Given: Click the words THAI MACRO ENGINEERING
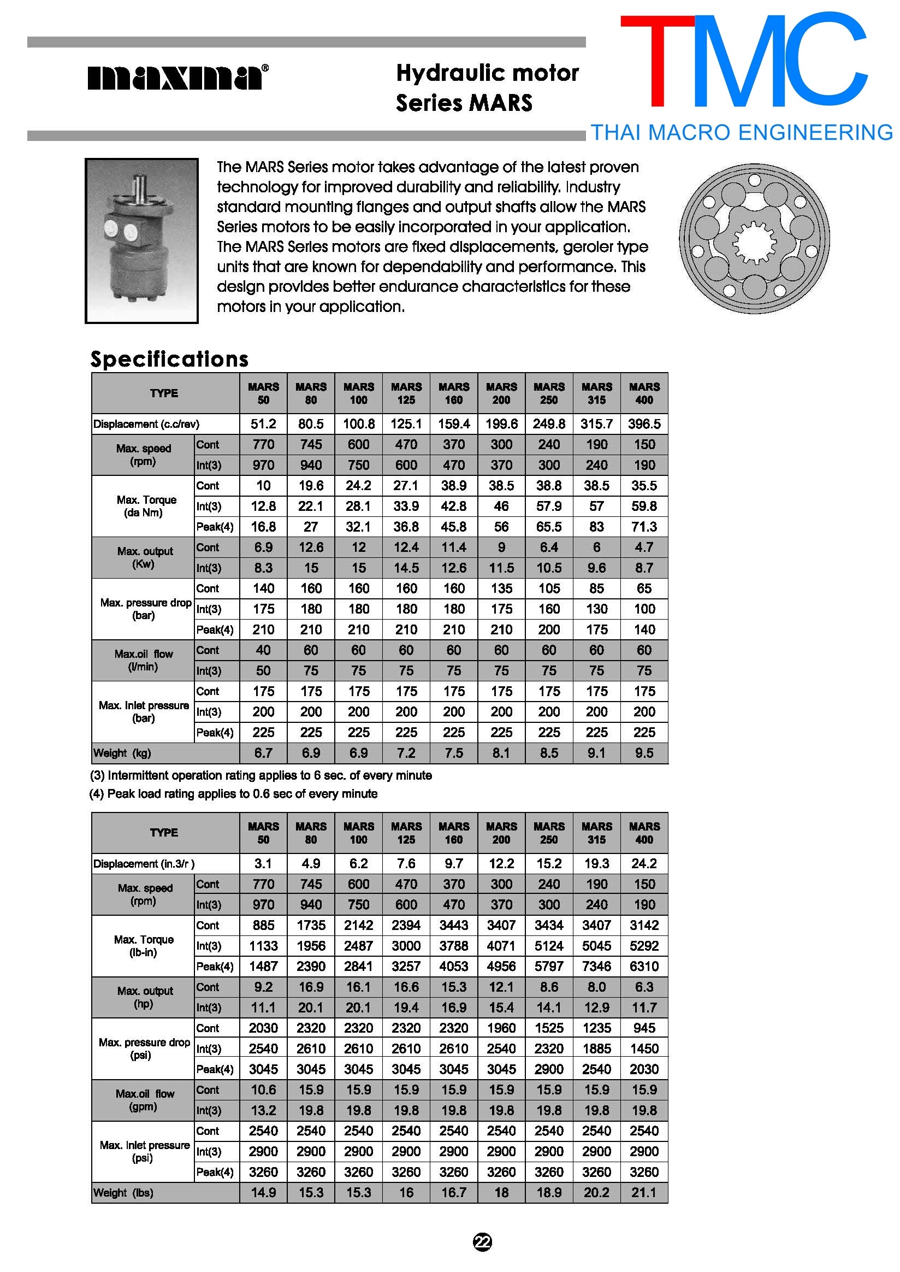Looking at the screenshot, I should point(741,133).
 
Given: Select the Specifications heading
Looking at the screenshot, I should point(169,360).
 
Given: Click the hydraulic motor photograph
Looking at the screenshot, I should point(141,240).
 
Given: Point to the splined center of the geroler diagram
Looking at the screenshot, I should point(754,239).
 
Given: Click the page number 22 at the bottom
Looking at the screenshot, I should point(482,1242).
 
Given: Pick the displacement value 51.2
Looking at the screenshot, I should point(263,424).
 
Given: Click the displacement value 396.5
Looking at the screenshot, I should point(644,424).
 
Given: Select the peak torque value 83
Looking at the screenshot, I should point(596,527).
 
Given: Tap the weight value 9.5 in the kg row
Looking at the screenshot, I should point(644,753).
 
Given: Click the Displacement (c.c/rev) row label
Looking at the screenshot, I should point(146,424).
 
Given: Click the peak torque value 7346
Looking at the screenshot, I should point(596,967).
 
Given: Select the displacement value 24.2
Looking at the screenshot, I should point(644,864).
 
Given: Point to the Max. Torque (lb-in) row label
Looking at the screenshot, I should point(144,946).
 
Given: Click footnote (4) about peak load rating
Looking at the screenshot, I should point(233,794).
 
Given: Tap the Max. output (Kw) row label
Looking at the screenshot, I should point(144,557).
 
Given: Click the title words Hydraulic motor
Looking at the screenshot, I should point(487,73).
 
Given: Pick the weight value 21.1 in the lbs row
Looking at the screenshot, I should point(644,1193).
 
